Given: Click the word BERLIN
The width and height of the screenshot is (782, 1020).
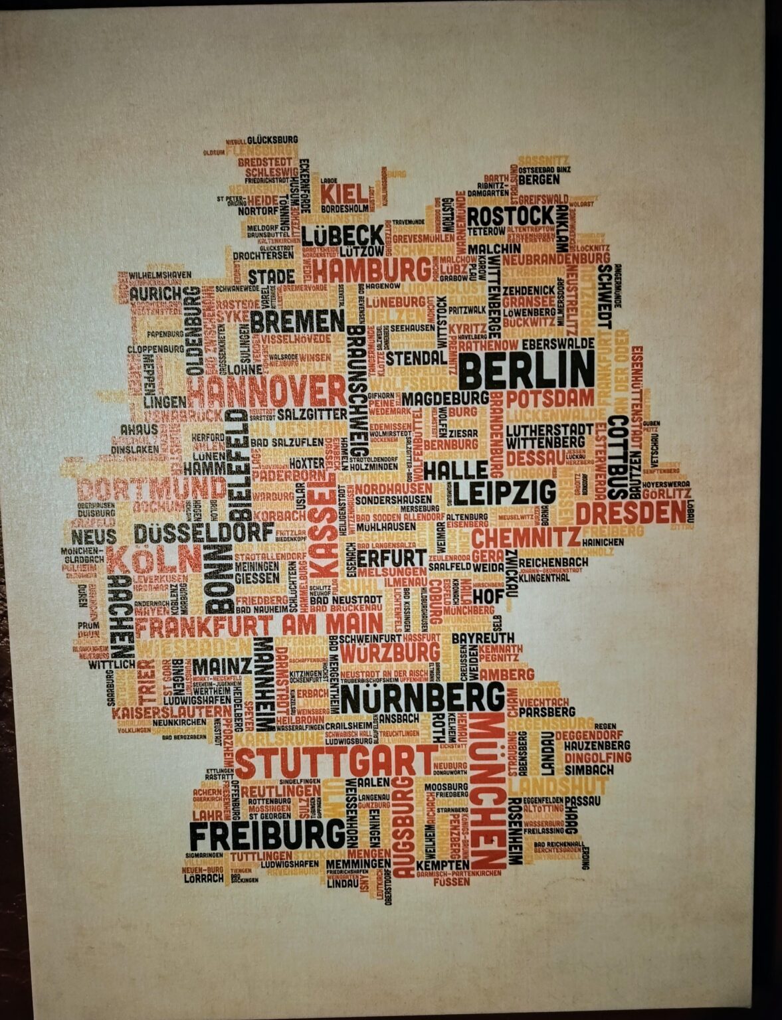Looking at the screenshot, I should pos(527,370).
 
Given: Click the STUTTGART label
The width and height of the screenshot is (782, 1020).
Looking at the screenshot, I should pos(335,762).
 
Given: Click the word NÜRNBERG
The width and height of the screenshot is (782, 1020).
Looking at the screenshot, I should pos(423,698).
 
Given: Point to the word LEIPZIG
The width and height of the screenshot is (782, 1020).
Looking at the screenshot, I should pos(505,492).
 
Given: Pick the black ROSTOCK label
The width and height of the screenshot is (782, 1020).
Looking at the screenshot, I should pos(510,216).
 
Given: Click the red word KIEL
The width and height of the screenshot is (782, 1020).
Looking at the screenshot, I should pos(343,195).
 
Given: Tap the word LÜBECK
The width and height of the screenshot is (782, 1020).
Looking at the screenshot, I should pos(342,235).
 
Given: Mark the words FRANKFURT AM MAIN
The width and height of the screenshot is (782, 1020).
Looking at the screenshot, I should pos(259,624).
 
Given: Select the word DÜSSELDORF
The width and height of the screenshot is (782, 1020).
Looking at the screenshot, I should pos(204,532).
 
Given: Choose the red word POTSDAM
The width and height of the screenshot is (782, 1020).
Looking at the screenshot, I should pos(550,398).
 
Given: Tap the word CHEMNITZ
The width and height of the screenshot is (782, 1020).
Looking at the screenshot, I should pos(526,537).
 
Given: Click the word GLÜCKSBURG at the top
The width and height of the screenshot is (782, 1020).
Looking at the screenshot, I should pos(272,140).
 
